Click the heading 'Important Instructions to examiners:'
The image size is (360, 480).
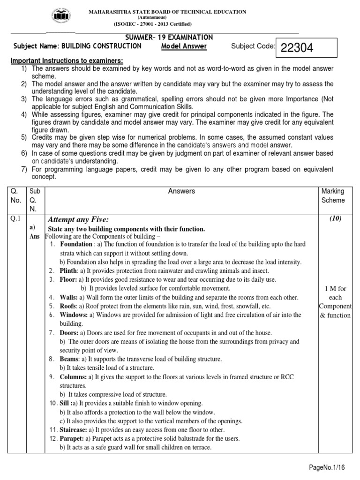click(67, 61)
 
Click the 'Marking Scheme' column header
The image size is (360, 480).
click(332, 195)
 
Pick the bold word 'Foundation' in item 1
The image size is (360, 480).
click(76, 244)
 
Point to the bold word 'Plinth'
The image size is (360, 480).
click(68, 271)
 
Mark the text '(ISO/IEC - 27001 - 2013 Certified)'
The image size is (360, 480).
click(152, 24)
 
